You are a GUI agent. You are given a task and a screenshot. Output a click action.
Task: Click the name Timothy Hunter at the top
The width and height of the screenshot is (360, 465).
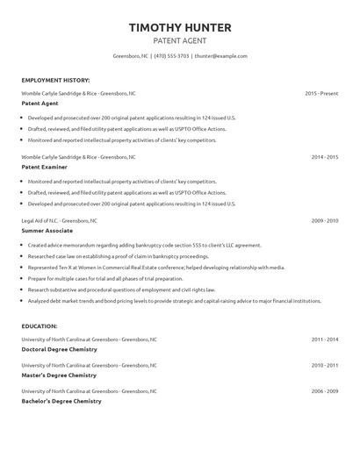(x=180, y=27)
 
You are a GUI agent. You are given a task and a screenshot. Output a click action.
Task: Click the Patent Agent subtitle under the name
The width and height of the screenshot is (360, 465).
(x=180, y=40)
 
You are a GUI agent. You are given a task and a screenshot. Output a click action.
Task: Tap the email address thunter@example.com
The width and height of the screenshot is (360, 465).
(x=220, y=55)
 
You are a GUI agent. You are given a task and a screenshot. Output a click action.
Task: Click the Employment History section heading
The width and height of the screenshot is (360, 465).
(x=54, y=79)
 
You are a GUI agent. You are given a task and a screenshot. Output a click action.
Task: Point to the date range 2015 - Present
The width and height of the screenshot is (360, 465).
(x=321, y=92)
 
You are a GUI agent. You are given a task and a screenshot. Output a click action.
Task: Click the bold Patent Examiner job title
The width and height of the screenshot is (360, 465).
(x=43, y=165)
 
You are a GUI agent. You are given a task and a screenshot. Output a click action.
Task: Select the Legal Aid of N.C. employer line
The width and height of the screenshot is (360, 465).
(x=60, y=220)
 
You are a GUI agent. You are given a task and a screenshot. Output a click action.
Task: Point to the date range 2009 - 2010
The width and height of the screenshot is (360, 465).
(x=325, y=220)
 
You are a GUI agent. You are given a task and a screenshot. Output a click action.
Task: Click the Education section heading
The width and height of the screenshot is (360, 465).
(x=40, y=325)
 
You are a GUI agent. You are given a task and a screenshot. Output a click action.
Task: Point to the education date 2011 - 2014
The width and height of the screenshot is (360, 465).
(x=325, y=339)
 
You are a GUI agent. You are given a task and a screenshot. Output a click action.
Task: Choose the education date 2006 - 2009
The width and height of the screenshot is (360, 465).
(x=325, y=391)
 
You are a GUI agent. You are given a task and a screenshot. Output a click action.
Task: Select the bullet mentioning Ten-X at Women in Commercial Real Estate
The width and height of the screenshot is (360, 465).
(x=156, y=267)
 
